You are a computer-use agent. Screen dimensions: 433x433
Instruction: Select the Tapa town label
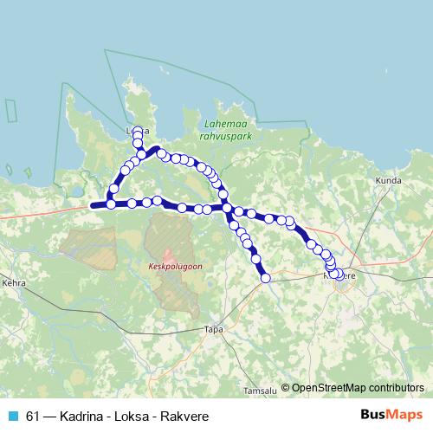point(212,329)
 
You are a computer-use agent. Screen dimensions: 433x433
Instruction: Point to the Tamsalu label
point(260,391)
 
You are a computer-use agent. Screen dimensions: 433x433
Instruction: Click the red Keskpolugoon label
point(175,267)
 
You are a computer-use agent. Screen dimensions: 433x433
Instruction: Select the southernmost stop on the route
point(266,278)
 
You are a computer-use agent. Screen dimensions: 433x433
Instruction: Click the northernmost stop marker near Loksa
point(137,131)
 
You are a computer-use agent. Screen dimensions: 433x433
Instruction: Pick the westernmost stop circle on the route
point(111,204)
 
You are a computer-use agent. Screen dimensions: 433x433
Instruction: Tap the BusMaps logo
point(391,416)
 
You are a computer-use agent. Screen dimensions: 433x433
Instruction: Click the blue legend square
point(13,416)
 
